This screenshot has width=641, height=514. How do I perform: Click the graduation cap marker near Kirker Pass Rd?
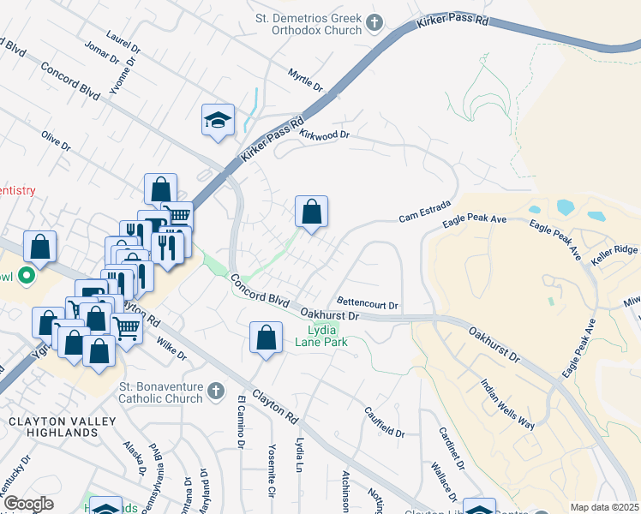pos(218,120)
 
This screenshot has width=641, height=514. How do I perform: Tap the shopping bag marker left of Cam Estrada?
pos(311,212)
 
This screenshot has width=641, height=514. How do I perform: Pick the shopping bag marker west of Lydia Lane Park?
pos(267,338)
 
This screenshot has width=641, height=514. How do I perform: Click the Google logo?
pos(28,504)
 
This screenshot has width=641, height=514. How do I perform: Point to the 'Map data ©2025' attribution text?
pos(604,507)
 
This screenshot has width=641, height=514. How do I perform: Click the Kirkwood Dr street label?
pos(325,134)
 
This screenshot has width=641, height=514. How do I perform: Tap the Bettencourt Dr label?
pos(368,304)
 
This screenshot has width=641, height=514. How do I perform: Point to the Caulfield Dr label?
pos(384,422)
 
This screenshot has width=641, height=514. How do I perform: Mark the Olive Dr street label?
pos(56,141)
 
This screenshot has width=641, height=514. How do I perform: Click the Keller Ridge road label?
pos(614,249)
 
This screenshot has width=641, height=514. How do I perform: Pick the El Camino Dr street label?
pos(241,428)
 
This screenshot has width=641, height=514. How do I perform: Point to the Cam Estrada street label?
pos(419,218)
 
